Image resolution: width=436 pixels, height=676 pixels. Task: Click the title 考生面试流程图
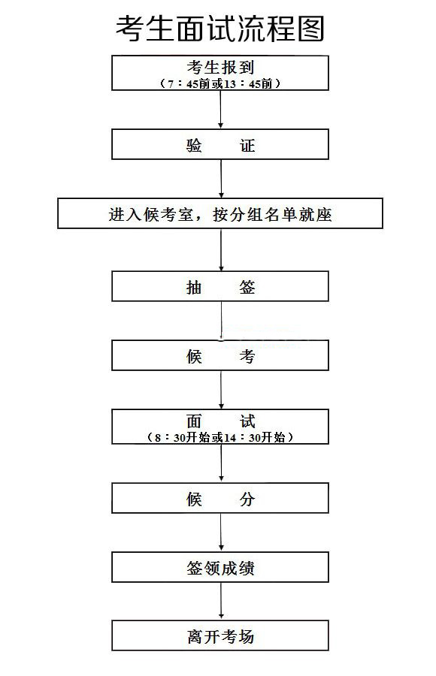(220, 29)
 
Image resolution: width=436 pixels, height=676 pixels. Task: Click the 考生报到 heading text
(220, 68)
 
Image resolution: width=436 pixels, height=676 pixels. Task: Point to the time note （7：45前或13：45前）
(220, 83)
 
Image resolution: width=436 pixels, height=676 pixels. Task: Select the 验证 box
(220, 144)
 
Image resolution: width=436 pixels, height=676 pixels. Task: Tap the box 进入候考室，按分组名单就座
(220, 213)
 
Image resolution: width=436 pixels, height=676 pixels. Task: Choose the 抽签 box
(220, 286)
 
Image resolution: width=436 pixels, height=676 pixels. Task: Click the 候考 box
(220, 355)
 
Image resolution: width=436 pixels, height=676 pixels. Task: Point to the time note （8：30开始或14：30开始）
(220, 438)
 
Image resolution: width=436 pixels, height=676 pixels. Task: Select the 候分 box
(220, 498)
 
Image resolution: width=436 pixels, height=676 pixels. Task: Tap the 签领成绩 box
(220, 567)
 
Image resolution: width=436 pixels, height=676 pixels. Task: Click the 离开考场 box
(220, 635)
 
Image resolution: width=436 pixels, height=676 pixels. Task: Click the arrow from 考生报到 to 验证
(220, 110)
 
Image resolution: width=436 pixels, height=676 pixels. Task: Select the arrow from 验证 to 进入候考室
(221, 179)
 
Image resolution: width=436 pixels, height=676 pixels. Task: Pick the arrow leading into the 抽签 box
(221, 250)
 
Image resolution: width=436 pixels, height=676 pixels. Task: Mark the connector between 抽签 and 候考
(222, 321)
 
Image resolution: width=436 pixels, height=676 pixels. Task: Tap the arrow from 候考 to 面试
(221, 390)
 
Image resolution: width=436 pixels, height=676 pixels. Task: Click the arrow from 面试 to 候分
(221, 463)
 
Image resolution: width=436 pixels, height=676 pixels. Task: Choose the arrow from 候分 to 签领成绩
(221, 533)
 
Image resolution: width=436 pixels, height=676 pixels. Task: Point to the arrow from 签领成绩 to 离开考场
(221, 602)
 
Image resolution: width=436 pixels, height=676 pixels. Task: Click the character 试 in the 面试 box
(247, 421)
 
